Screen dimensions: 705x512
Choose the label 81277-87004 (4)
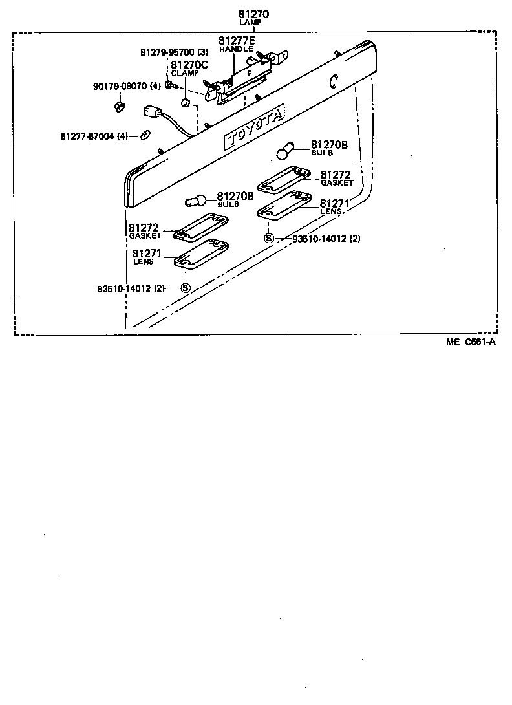(x=94, y=136)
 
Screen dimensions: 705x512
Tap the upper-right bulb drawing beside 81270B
(x=286, y=151)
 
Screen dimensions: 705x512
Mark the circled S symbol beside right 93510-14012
(x=269, y=238)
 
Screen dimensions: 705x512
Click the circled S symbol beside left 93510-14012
(x=185, y=288)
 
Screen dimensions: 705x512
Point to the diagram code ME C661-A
(x=470, y=343)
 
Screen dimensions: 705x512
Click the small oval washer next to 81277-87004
(x=145, y=135)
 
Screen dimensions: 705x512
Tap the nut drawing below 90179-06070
(x=119, y=106)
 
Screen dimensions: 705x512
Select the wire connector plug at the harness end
(x=153, y=114)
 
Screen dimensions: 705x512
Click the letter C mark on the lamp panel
(x=333, y=81)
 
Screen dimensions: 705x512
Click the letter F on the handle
(x=248, y=74)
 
